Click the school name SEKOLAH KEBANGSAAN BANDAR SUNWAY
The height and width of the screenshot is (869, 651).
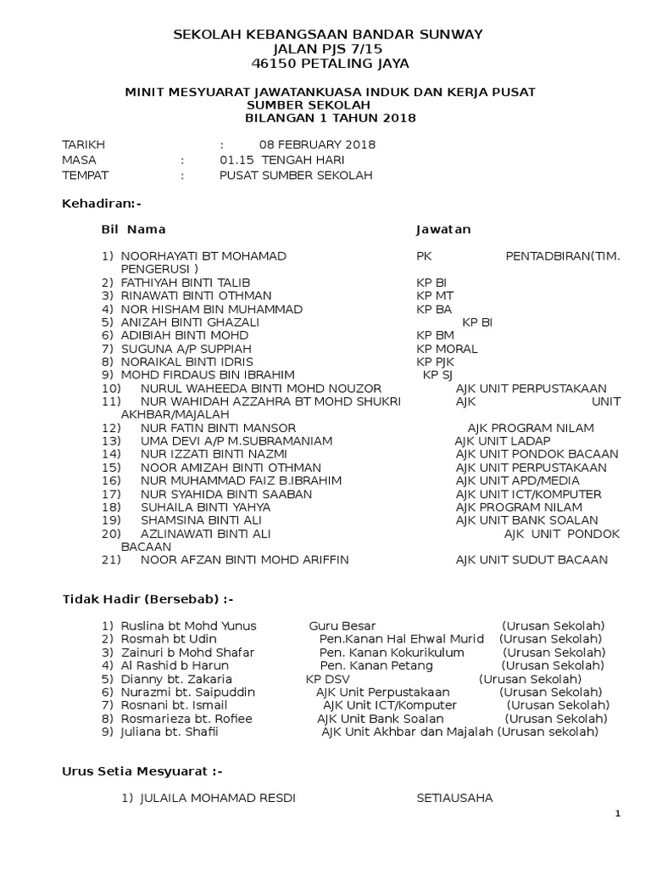click(328, 35)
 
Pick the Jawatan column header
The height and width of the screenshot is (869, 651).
click(442, 229)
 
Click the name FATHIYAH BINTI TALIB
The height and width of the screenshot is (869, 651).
click(186, 282)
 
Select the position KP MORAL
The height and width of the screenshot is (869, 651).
click(447, 349)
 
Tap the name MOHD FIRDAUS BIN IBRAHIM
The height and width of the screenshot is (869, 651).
click(208, 374)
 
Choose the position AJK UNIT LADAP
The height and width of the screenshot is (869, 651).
click(503, 441)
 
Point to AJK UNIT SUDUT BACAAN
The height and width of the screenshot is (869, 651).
click(531, 560)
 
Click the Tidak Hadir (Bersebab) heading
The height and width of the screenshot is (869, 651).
click(148, 599)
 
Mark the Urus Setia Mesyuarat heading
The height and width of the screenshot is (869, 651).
click(142, 771)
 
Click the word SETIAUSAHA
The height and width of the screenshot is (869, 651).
click(453, 798)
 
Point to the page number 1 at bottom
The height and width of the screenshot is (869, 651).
click(618, 815)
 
